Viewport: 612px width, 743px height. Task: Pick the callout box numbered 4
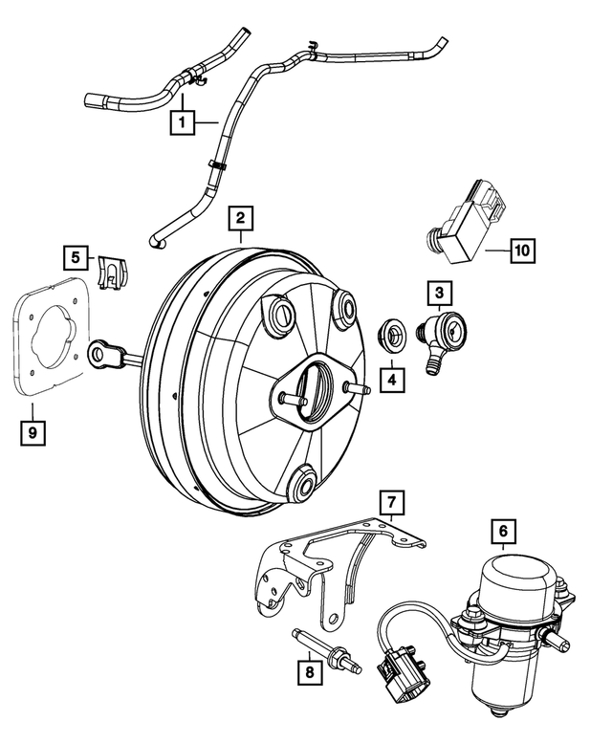[391, 380]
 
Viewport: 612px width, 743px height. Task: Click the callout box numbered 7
[390, 500]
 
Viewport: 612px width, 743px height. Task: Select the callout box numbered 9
[33, 432]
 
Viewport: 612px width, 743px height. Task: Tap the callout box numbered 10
[521, 251]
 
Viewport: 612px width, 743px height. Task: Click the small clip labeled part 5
[114, 273]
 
